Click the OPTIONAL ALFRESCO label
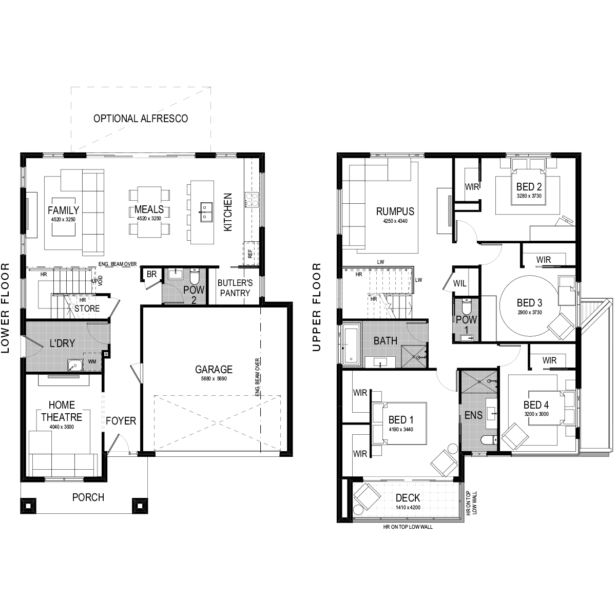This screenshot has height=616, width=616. [x=141, y=119]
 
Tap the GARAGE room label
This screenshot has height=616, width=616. [x=214, y=370]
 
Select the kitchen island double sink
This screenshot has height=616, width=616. [x=205, y=212]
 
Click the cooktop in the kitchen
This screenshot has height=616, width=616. [x=252, y=200]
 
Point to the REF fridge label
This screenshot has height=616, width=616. [x=251, y=254]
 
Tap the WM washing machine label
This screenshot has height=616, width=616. [x=92, y=361]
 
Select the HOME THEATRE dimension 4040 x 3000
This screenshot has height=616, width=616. [x=62, y=427]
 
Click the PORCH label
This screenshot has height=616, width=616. [x=88, y=497]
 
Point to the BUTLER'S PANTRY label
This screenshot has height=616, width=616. [x=235, y=288]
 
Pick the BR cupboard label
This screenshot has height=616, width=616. [x=151, y=274]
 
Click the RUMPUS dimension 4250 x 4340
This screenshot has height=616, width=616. [x=395, y=221]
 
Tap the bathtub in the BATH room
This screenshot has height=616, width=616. [x=351, y=343]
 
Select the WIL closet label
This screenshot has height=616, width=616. [x=459, y=283]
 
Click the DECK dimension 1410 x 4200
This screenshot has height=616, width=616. [x=408, y=507]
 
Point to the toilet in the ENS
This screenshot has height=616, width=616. [x=489, y=440]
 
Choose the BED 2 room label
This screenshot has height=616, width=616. [x=529, y=187]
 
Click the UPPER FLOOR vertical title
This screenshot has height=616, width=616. [x=317, y=307]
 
